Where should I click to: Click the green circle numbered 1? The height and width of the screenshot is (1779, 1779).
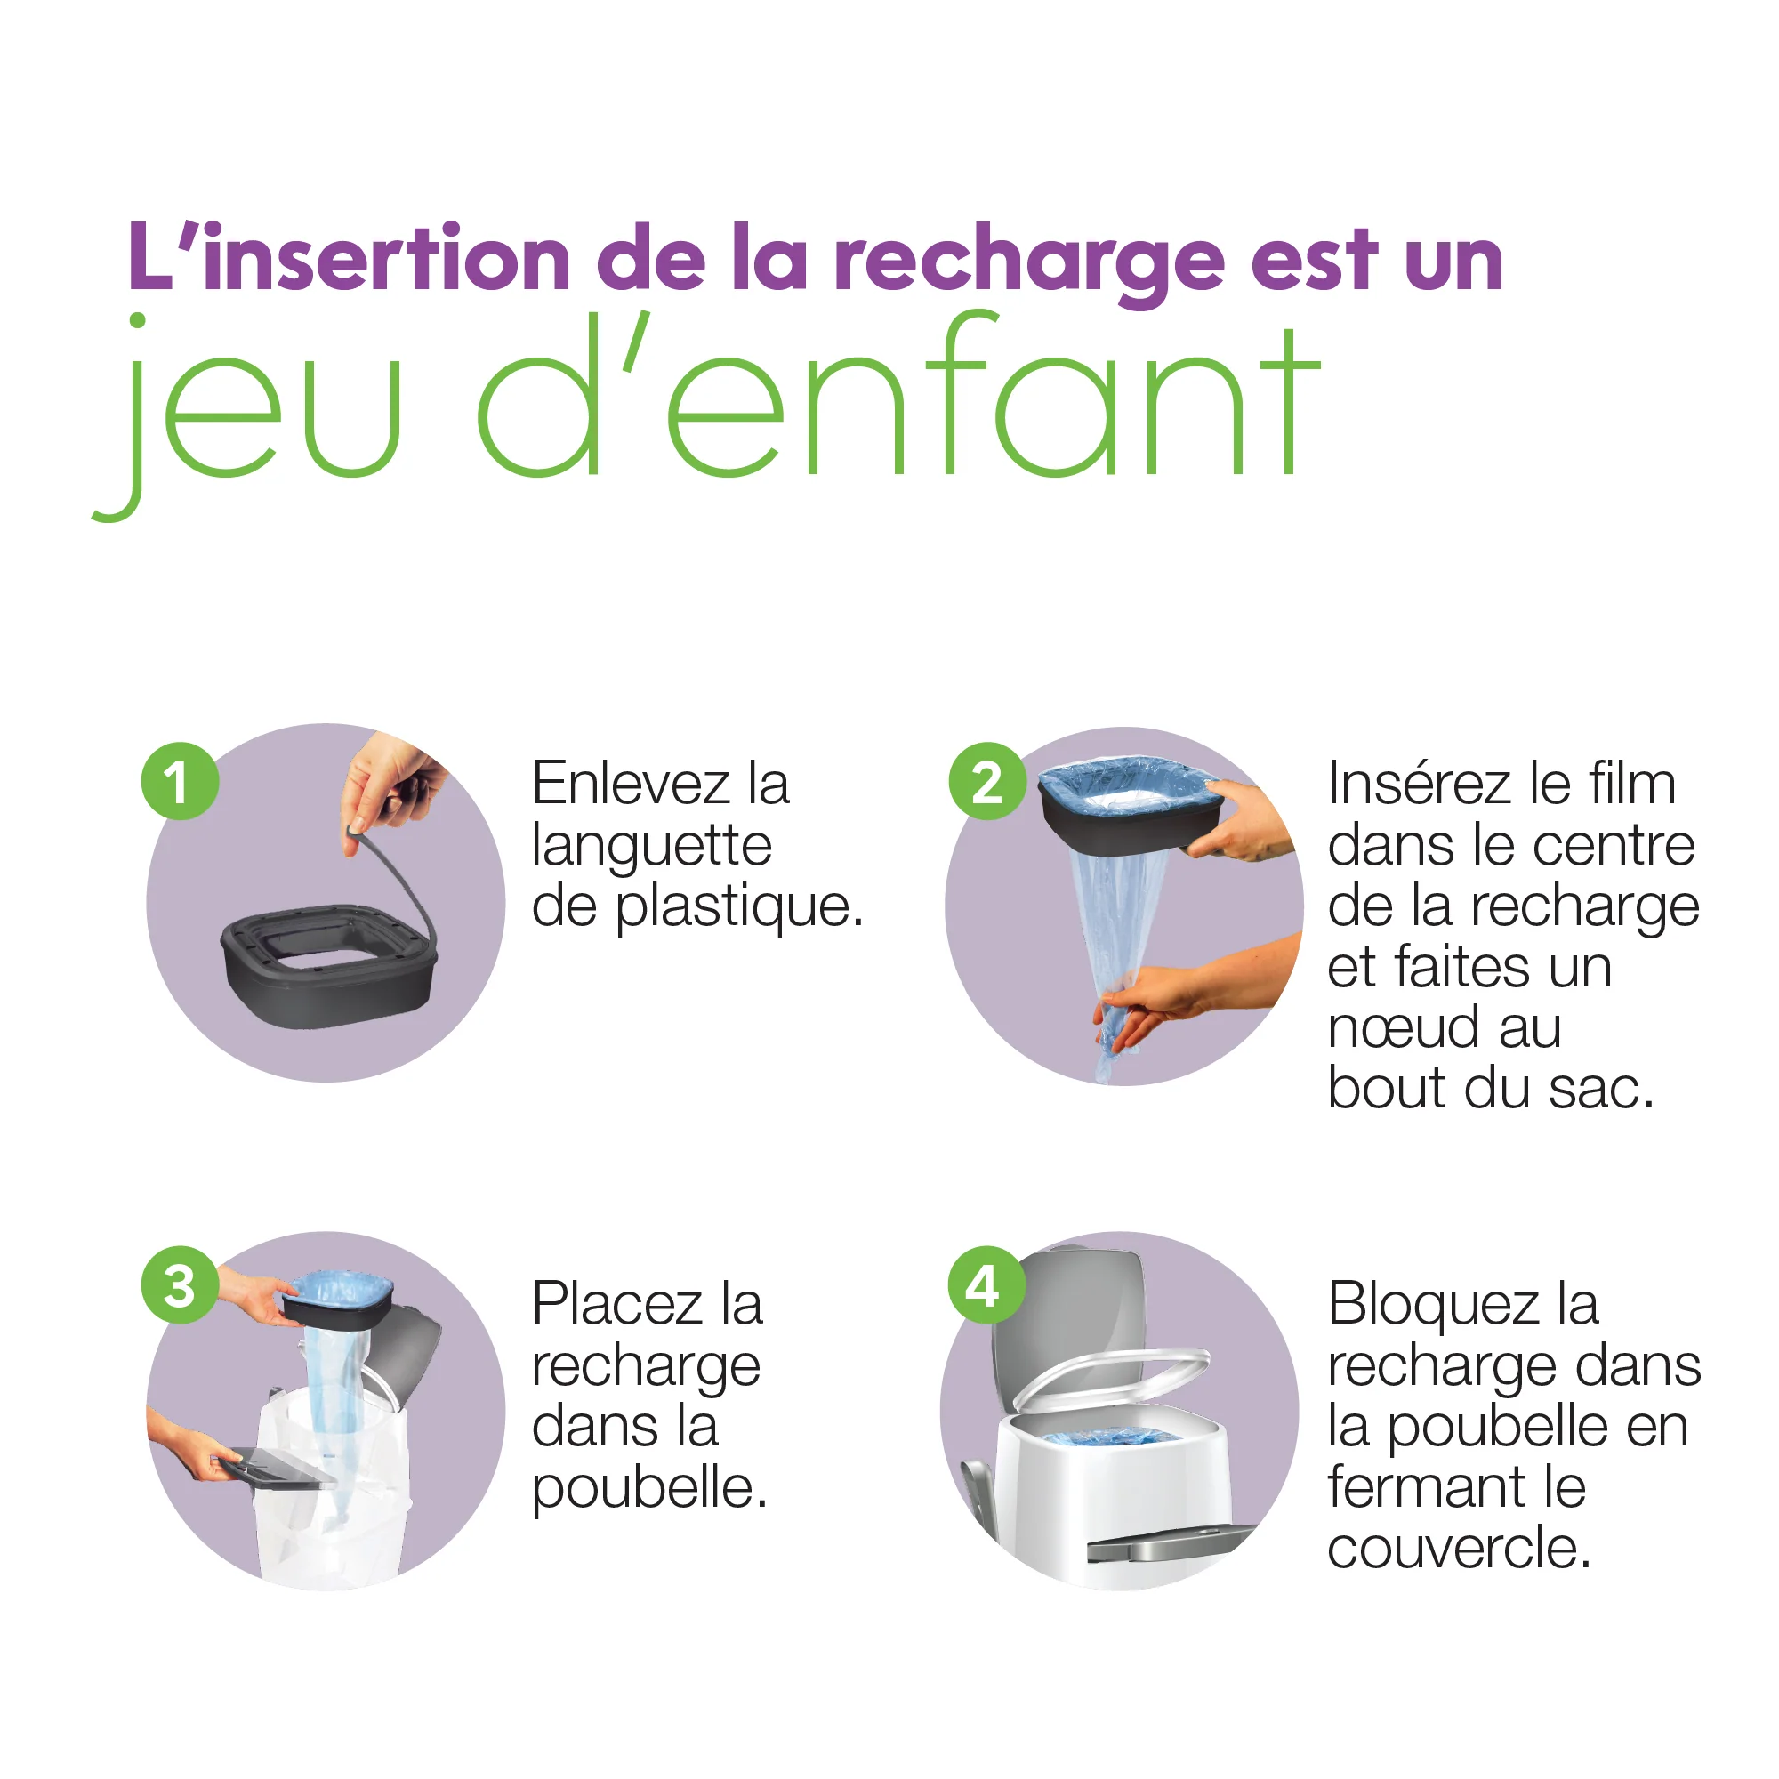pos(180,781)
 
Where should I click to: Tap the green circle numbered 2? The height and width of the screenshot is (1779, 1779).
pos(987,781)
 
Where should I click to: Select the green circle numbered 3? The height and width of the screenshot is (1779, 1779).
pos(180,1285)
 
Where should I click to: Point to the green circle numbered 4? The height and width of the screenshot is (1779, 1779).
pos(987,1285)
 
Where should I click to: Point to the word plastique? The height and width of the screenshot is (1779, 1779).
pos(738,908)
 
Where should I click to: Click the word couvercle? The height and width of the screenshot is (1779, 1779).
pos(1459,1550)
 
